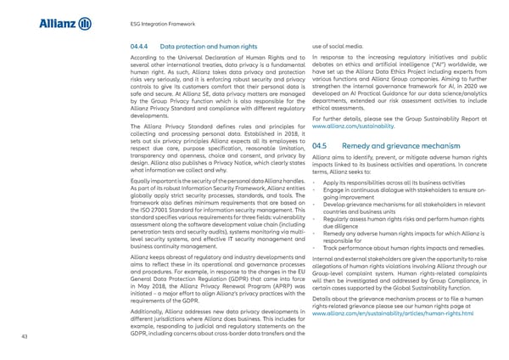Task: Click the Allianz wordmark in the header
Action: (x=57, y=25)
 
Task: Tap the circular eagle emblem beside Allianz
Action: (x=84, y=25)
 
